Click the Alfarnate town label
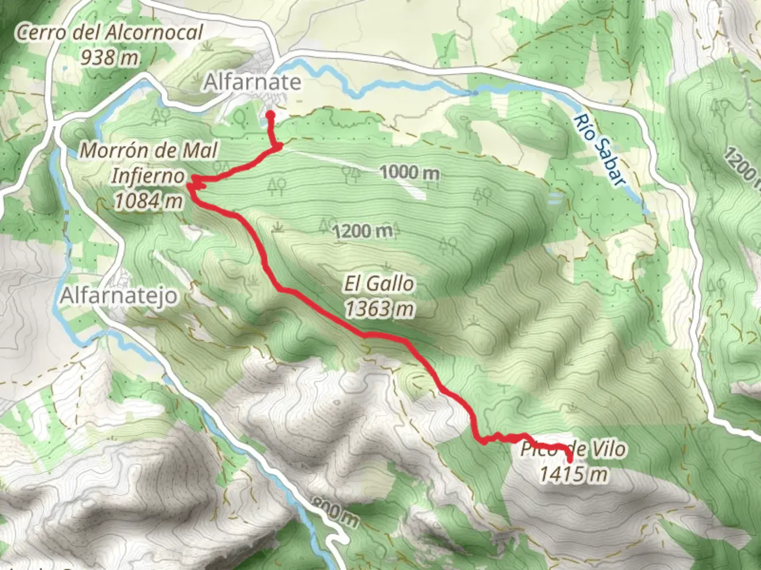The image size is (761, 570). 253,82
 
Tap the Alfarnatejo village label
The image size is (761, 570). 119,296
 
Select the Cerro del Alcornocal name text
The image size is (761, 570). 109,33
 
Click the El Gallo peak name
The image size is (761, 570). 379,284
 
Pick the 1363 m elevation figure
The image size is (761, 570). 379,309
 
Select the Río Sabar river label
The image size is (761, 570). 598,151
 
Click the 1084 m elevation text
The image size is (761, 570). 149,201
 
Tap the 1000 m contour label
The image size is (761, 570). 410,172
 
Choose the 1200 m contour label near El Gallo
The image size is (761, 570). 364,231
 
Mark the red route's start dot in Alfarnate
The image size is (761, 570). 270,115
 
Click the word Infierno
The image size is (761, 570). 148,176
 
